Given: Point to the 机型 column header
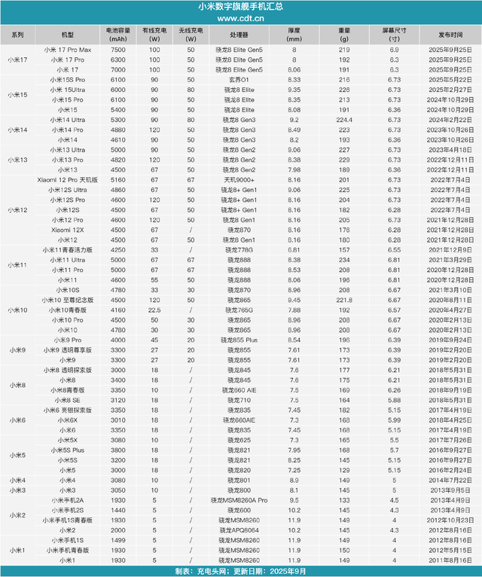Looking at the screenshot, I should coord(68,35).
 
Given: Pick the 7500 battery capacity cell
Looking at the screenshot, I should coord(117,48).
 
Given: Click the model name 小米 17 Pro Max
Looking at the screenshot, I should coord(68,48).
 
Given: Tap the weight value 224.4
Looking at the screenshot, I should coord(345,119).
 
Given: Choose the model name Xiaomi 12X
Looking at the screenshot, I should coord(68,229).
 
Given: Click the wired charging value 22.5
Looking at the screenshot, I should coord(154,310).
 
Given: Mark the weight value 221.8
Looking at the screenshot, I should coord(345,300).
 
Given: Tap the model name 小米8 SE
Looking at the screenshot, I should coord(68,400).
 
